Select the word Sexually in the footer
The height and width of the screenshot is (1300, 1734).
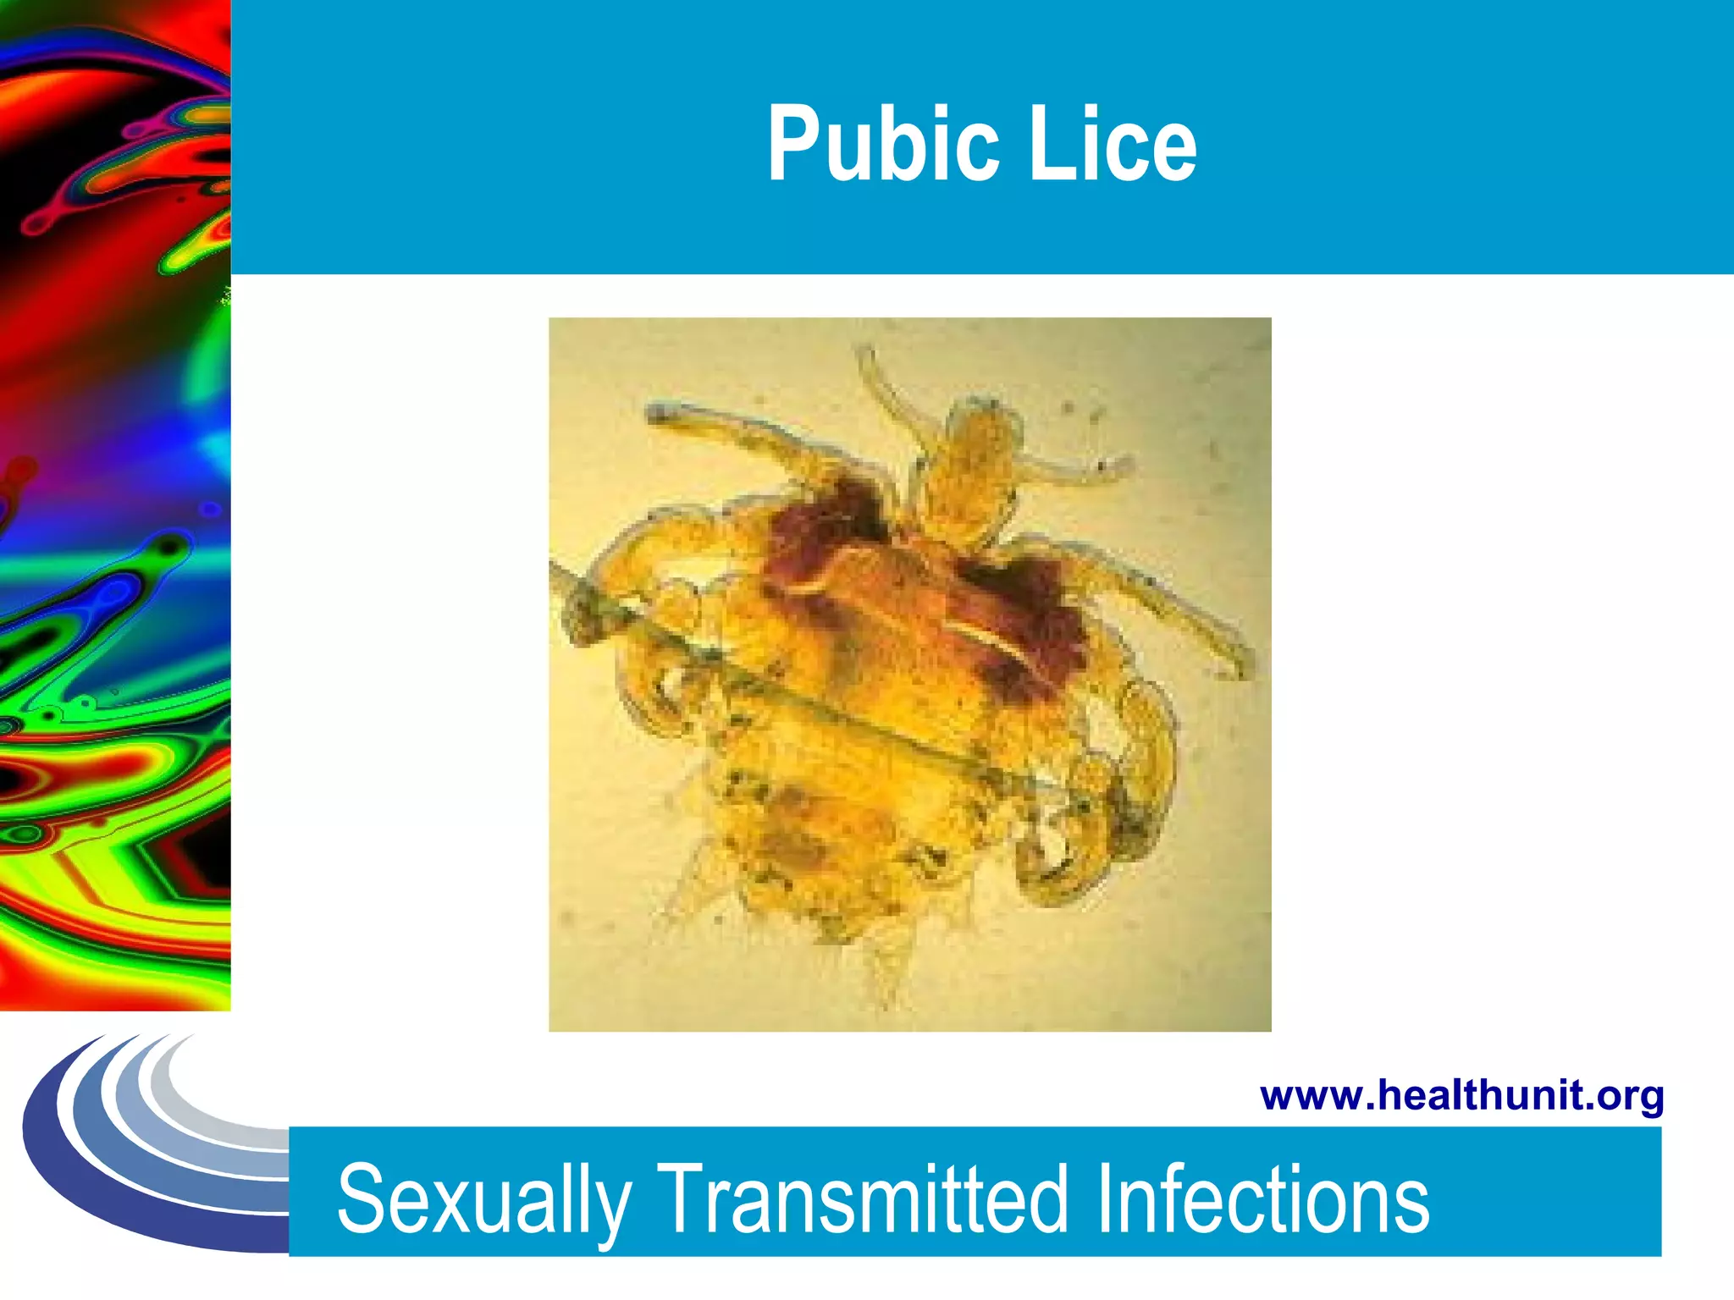point(483,1200)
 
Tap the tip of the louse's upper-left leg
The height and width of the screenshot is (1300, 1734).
point(656,414)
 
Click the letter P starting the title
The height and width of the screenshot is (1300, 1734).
point(792,144)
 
